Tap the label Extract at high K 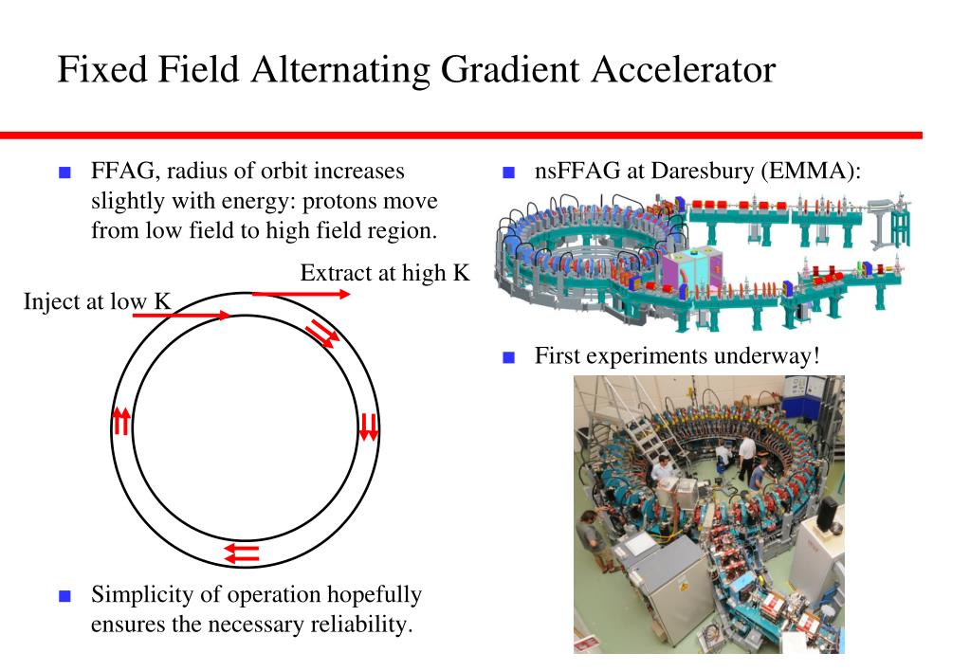click(x=385, y=273)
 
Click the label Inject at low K click(x=98, y=303)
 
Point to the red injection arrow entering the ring click(x=180, y=315)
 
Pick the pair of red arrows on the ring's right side click(x=369, y=426)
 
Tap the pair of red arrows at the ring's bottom click(x=242, y=552)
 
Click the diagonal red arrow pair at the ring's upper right click(x=322, y=333)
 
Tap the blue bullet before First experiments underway click(x=508, y=358)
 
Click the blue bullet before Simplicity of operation click(x=64, y=596)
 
